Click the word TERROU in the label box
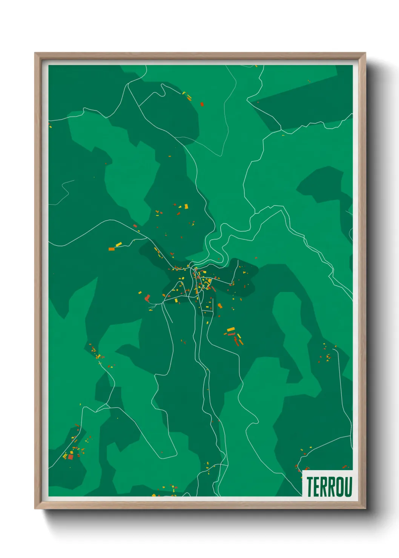[329, 486]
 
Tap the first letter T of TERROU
[309, 486]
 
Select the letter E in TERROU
[316, 486]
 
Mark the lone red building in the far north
[202, 104]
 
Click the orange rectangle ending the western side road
[111, 249]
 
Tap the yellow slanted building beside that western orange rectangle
[118, 245]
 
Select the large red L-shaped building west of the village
[147, 298]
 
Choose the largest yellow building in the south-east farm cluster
[231, 330]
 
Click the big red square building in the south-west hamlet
[71, 457]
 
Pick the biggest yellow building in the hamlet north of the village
[186, 207]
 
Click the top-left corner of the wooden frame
[35, 53]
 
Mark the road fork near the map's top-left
[129, 84]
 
